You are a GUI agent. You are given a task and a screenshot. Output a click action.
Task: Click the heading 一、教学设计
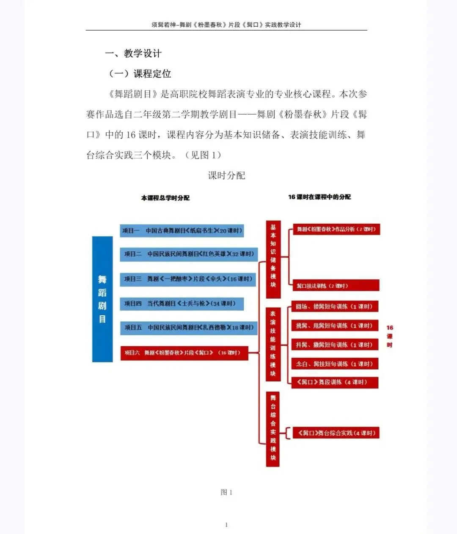coord(133,53)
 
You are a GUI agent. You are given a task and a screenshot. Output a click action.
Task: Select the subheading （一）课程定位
coord(140,74)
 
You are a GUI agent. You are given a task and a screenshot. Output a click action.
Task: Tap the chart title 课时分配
coord(226,175)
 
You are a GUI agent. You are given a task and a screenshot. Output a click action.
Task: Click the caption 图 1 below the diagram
coord(226,492)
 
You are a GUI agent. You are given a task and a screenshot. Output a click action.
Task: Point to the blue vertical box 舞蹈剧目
coord(102,299)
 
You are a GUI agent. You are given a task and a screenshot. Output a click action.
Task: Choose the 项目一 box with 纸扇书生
coord(182,231)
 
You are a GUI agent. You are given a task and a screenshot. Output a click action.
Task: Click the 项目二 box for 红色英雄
coord(189,254)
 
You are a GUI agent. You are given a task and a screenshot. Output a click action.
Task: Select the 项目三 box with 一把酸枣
coord(188,279)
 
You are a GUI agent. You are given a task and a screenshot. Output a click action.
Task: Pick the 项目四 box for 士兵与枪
coord(182,303)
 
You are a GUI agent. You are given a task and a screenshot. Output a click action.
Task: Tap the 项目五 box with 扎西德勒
coord(189,328)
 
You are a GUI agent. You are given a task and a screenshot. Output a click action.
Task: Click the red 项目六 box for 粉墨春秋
coord(184,353)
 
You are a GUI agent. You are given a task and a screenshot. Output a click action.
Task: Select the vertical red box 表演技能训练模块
coord(273,343)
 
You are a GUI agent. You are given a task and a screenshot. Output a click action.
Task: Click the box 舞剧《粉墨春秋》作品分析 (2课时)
coord(336,229)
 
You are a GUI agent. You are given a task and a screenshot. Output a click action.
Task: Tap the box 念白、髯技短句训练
coord(334,364)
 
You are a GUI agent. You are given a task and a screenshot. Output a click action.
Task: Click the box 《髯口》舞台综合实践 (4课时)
coord(336,433)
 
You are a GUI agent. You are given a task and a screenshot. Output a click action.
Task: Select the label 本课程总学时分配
coord(165,198)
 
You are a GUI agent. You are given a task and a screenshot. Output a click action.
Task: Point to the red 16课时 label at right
coord(390,336)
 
